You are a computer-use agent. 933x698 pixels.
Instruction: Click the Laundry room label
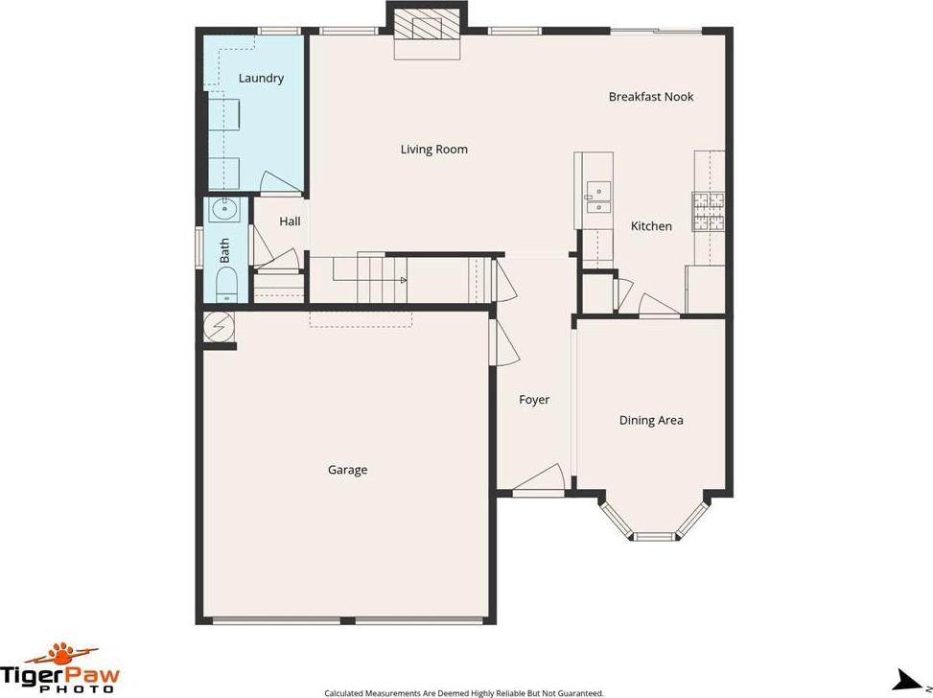tap(261, 78)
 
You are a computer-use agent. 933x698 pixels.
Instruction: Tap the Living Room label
tap(433, 150)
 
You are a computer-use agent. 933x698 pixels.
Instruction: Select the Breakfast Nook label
tap(651, 97)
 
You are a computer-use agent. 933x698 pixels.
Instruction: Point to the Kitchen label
tap(651, 226)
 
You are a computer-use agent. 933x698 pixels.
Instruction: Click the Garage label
tap(347, 470)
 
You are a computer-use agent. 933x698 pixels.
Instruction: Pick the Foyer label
tap(534, 400)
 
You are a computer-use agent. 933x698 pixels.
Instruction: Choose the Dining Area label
tap(651, 420)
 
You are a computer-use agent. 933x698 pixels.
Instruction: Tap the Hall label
tap(290, 221)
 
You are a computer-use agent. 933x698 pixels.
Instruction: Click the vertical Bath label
tap(224, 250)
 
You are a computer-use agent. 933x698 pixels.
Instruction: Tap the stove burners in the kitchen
tap(708, 212)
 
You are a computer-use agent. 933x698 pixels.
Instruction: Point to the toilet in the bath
tap(226, 285)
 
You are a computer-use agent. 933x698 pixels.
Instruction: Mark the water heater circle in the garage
tap(216, 327)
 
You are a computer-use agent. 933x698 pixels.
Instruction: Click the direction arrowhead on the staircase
tap(404, 280)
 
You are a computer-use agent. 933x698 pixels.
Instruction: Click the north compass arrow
tap(910, 680)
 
